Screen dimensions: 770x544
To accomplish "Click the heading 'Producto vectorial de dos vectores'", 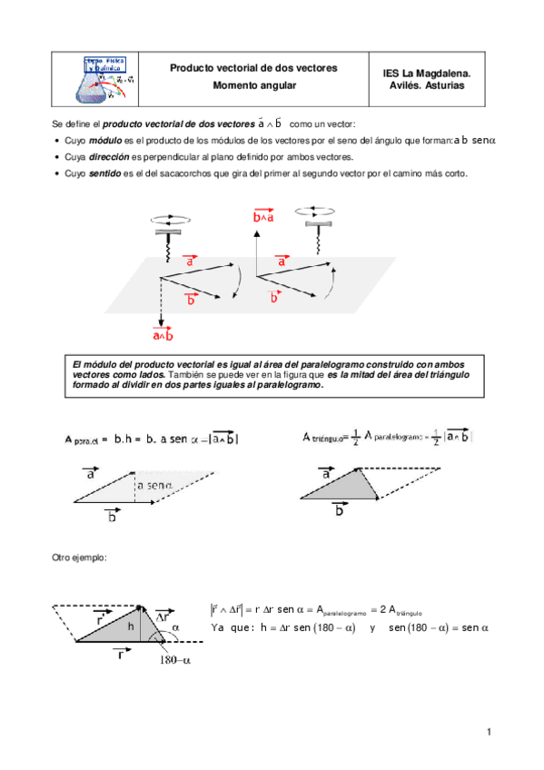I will point(253,68).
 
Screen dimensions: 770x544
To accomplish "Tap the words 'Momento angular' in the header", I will point(253,85).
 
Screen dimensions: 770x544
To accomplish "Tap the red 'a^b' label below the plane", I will point(162,336).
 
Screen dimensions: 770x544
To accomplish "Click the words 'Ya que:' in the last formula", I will point(231,627).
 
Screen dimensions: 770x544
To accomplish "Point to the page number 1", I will point(488,733).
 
